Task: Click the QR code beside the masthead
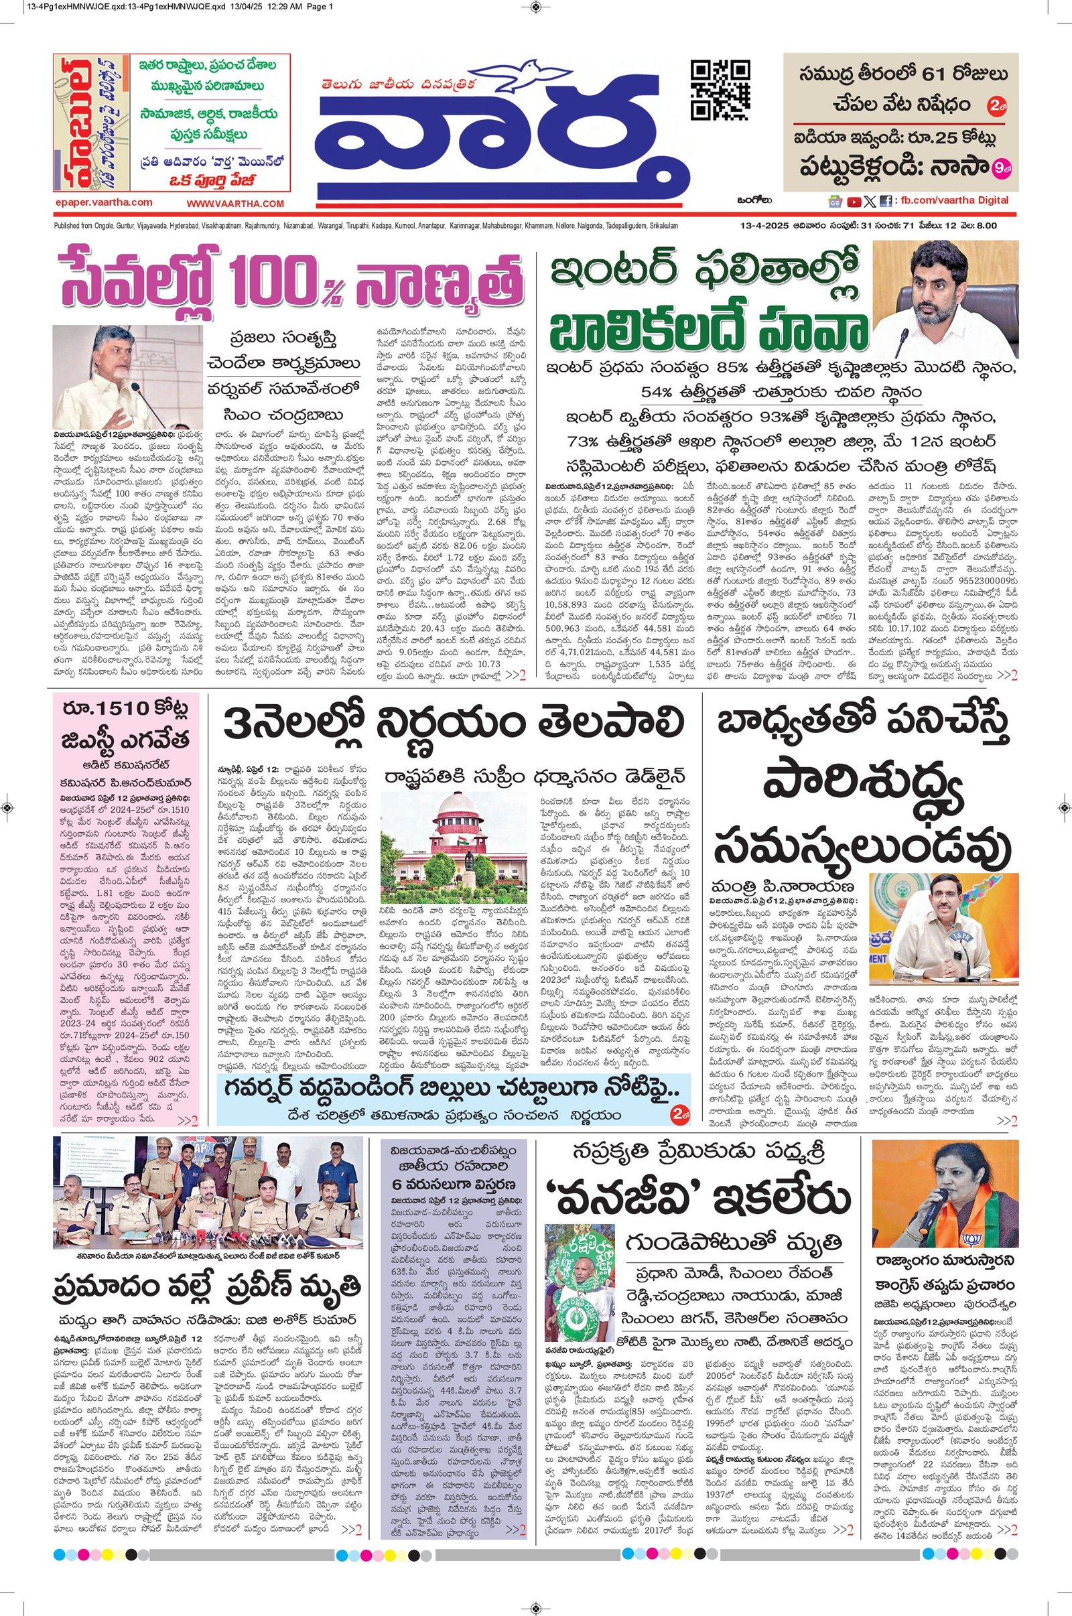click(x=721, y=90)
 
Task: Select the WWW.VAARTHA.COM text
click(x=235, y=204)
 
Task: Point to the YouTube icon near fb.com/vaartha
click(x=853, y=201)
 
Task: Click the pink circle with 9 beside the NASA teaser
click(x=1004, y=165)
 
